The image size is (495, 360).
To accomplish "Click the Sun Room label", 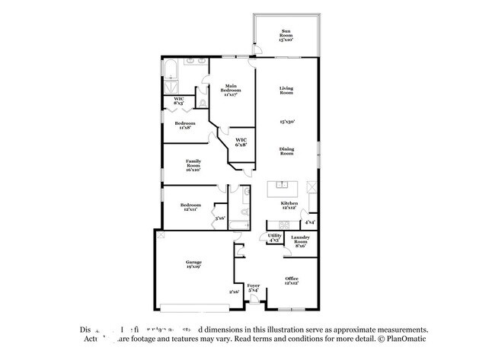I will [x=286, y=36].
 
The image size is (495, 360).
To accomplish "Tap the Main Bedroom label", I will [x=231, y=89].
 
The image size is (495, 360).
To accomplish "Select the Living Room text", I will [x=286, y=91].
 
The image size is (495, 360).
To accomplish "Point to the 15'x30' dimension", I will [x=286, y=121].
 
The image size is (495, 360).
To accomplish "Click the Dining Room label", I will [x=286, y=151].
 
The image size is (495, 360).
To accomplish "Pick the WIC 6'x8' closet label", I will [x=241, y=142].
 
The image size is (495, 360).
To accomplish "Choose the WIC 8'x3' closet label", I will [x=179, y=101].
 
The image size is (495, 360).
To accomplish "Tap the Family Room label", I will [x=193, y=165].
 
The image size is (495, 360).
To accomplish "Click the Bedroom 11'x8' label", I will [x=185, y=126].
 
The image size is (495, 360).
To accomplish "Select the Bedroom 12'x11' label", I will [x=190, y=207].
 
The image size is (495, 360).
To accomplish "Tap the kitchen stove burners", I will [x=284, y=223].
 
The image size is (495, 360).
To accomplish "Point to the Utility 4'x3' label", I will [x=274, y=238].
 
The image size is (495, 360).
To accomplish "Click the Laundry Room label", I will [x=301, y=241].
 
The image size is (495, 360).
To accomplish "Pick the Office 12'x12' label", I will [x=292, y=281].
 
